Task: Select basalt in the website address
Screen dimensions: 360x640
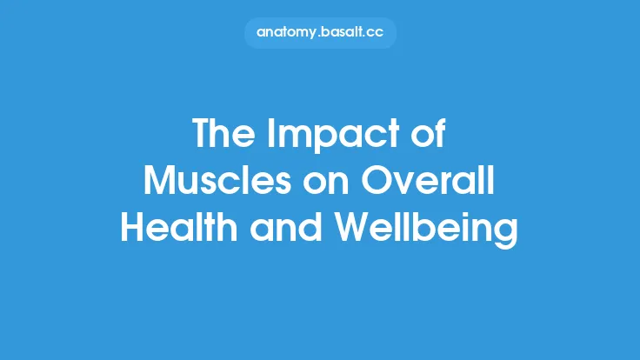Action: [x=344, y=33]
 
